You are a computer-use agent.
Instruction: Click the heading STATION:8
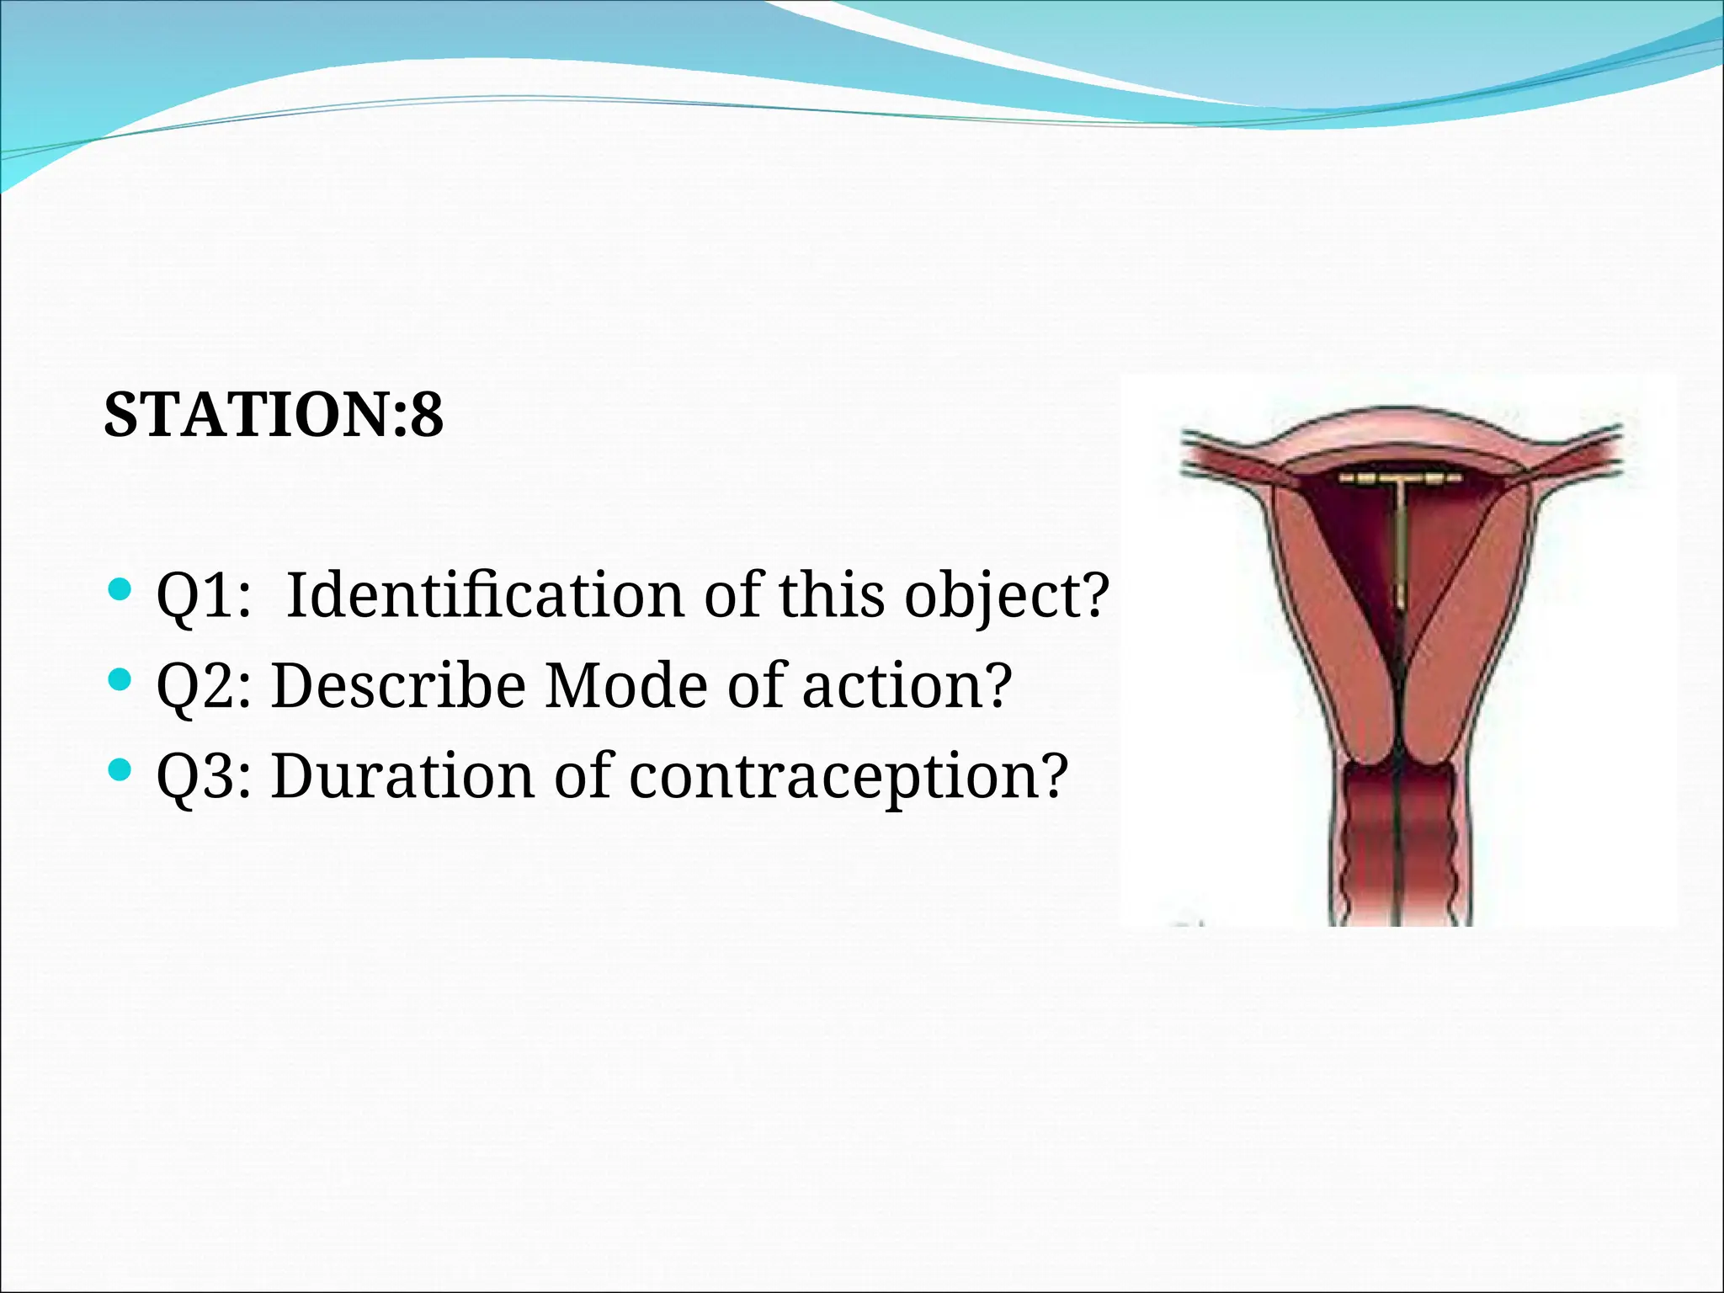coord(273,414)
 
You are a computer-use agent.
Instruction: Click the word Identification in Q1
coord(484,595)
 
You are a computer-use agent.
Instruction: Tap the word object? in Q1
coord(1007,595)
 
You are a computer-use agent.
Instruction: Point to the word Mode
coord(626,685)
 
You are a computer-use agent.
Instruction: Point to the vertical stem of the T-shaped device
coord(1401,547)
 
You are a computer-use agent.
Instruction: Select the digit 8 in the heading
coord(427,414)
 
